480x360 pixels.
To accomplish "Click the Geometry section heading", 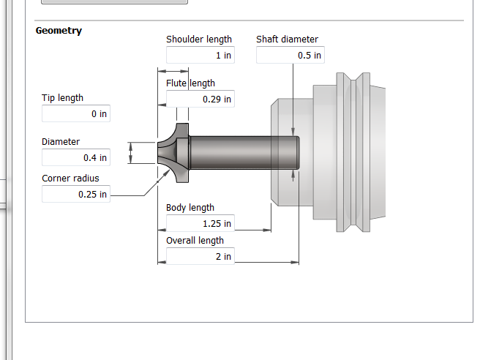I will pyautogui.click(x=59, y=31).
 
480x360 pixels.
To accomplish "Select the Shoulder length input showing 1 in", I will pyautogui.click(x=200, y=55).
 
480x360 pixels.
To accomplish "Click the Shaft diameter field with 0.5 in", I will pyautogui.click(x=290, y=55).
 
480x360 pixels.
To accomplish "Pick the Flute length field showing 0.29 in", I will pyautogui.click(x=200, y=99).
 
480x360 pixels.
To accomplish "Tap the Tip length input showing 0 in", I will pyautogui.click(x=76, y=113).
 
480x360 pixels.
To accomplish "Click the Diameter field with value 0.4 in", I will pyautogui.click(x=76, y=157).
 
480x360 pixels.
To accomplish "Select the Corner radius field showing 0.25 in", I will pyautogui.click(x=76, y=194).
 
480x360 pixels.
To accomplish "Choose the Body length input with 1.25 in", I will pyautogui.click(x=200, y=223).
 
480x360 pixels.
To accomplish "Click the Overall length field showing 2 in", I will pyautogui.click(x=200, y=256).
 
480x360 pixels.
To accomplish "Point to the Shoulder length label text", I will pyautogui.click(x=199, y=40).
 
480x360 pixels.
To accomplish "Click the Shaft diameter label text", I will pyautogui.click(x=287, y=40).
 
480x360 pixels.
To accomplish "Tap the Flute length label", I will pyautogui.click(x=190, y=83).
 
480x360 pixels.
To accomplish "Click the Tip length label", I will pyautogui.click(x=62, y=98).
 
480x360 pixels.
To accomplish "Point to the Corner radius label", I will pyautogui.click(x=70, y=179).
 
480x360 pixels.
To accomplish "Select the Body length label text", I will pyautogui.click(x=190, y=208).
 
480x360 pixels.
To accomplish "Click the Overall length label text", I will pyautogui.click(x=195, y=241).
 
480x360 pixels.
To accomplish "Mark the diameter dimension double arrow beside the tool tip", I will pyautogui.click(x=131, y=153).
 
